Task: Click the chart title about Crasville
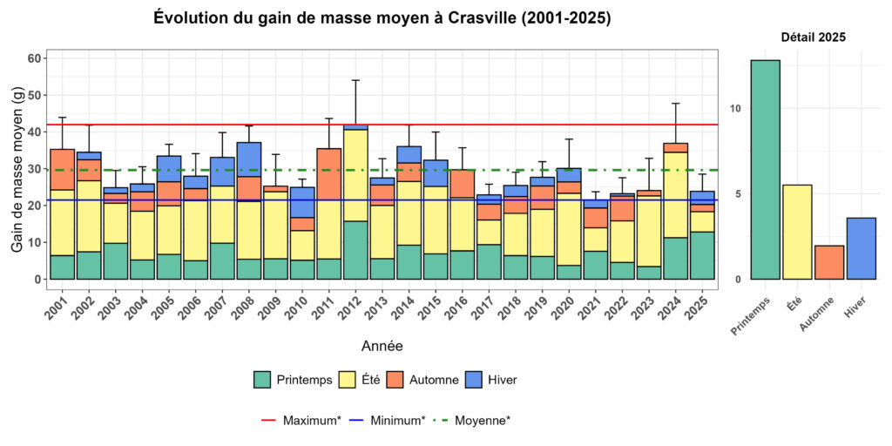[x=382, y=18]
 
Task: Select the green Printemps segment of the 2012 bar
[x=355, y=250]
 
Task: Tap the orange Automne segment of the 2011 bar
[x=328, y=174]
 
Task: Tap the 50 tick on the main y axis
[x=35, y=95]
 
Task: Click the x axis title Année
[x=382, y=346]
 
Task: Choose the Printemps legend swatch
[x=261, y=380]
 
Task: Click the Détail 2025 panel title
[x=813, y=37]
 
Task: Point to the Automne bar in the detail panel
[x=828, y=262]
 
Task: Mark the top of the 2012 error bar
[x=355, y=80]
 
